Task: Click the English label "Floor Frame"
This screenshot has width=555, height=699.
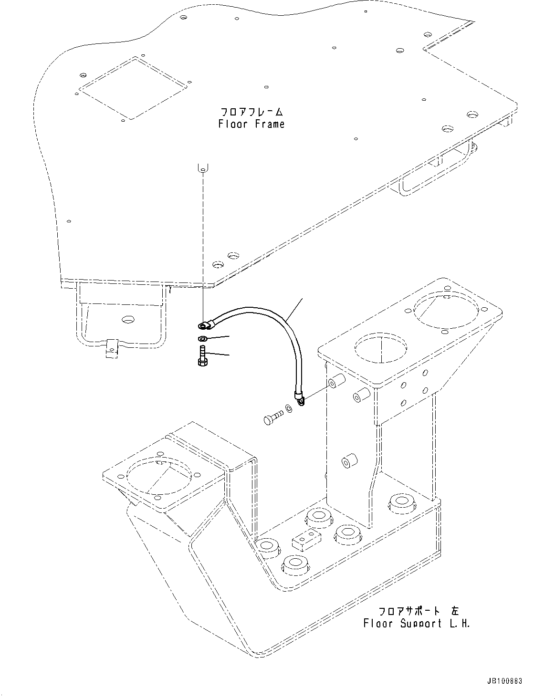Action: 251,124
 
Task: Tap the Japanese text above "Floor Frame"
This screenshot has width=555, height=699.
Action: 251,112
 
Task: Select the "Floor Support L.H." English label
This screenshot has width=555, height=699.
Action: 417,623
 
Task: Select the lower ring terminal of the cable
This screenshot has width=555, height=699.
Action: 299,397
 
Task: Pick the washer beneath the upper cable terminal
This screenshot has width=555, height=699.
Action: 202,339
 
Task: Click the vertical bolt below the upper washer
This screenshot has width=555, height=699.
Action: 201,356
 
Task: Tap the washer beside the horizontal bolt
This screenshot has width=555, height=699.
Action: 289,409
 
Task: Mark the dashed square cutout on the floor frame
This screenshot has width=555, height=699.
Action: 133,88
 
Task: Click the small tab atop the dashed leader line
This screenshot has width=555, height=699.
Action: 203,167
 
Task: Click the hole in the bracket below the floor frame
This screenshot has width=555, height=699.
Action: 127,318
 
